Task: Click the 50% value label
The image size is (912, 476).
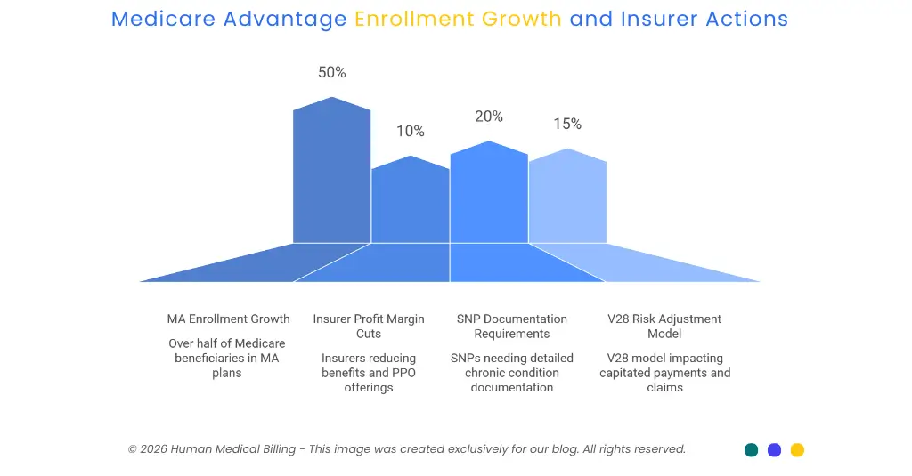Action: pyautogui.click(x=332, y=73)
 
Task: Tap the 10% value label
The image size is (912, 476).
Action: pyautogui.click(x=411, y=132)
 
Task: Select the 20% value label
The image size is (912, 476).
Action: pyautogui.click(x=488, y=117)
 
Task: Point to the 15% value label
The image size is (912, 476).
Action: pyautogui.click(x=567, y=125)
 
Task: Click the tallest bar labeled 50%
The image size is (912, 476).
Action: pyautogui.click(x=332, y=173)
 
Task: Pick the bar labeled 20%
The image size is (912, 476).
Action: pyautogui.click(x=489, y=196)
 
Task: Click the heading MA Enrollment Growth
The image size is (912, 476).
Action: pyautogui.click(x=228, y=319)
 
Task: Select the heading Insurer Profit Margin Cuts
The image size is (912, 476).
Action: pyautogui.click(x=369, y=327)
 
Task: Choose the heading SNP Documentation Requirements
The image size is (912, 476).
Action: pyautogui.click(x=511, y=327)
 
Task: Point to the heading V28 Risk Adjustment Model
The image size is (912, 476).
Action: pyautogui.click(x=664, y=327)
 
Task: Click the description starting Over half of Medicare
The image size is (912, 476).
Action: pyautogui.click(x=227, y=359)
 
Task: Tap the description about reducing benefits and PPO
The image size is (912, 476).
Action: pyautogui.click(x=369, y=373)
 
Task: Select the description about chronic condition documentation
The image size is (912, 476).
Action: pyautogui.click(x=511, y=373)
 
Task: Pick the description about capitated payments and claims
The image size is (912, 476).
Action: pyautogui.click(x=664, y=373)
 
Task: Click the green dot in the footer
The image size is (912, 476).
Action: pyautogui.click(x=752, y=450)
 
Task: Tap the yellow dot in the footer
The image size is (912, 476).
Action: pyautogui.click(x=797, y=450)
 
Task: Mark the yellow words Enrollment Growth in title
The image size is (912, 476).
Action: pyautogui.click(x=458, y=19)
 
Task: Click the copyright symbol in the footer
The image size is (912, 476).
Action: pyautogui.click(x=133, y=449)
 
